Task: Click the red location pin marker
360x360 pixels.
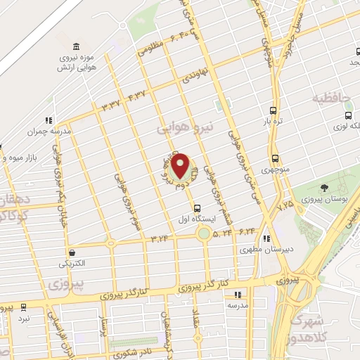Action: tap(181, 166)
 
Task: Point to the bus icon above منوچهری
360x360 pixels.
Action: tap(274, 158)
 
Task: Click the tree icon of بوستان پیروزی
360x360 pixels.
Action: tap(324, 188)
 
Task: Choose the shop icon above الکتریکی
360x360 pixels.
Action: tap(71, 252)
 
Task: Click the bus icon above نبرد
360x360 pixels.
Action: tap(24, 307)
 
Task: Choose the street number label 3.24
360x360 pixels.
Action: tap(159, 239)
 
